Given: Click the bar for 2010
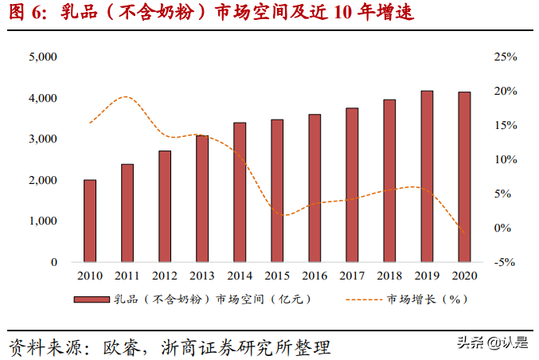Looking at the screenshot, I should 90,221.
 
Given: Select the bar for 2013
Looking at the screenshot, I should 202,198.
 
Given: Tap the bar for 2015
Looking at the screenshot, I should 277,190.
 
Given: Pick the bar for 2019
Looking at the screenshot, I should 427,176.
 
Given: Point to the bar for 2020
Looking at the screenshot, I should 464,177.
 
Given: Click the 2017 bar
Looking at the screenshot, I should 352,185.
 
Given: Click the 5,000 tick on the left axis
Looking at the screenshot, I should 42,57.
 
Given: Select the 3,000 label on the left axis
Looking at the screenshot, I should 42,139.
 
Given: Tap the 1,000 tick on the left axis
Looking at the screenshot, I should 42,221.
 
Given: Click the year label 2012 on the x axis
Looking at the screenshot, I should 165,276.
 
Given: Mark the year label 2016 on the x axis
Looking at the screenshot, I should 314,276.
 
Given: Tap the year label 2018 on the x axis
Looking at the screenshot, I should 389,276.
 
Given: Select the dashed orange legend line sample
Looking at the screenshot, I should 363,299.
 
